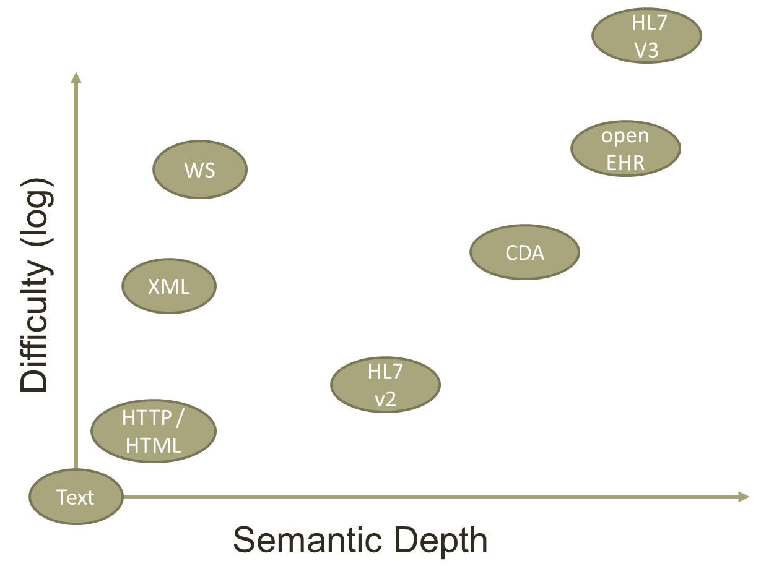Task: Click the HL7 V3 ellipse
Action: coord(646,36)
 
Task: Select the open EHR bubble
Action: coord(625,148)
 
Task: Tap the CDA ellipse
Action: coord(524,252)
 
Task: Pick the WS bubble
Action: coord(199,169)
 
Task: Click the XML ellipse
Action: coord(169,286)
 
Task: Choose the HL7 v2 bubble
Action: coord(385,385)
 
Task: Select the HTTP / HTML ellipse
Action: coord(153,431)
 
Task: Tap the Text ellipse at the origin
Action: coord(76,497)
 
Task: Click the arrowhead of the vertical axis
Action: coord(76,77)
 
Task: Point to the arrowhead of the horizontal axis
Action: coord(744,496)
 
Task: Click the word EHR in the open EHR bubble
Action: coord(625,162)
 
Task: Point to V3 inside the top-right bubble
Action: coord(646,49)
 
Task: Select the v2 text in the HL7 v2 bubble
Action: coord(385,399)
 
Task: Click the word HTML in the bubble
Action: coord(153,445)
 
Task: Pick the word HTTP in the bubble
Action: coord(146,418)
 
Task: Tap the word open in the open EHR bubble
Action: coord(625,135)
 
